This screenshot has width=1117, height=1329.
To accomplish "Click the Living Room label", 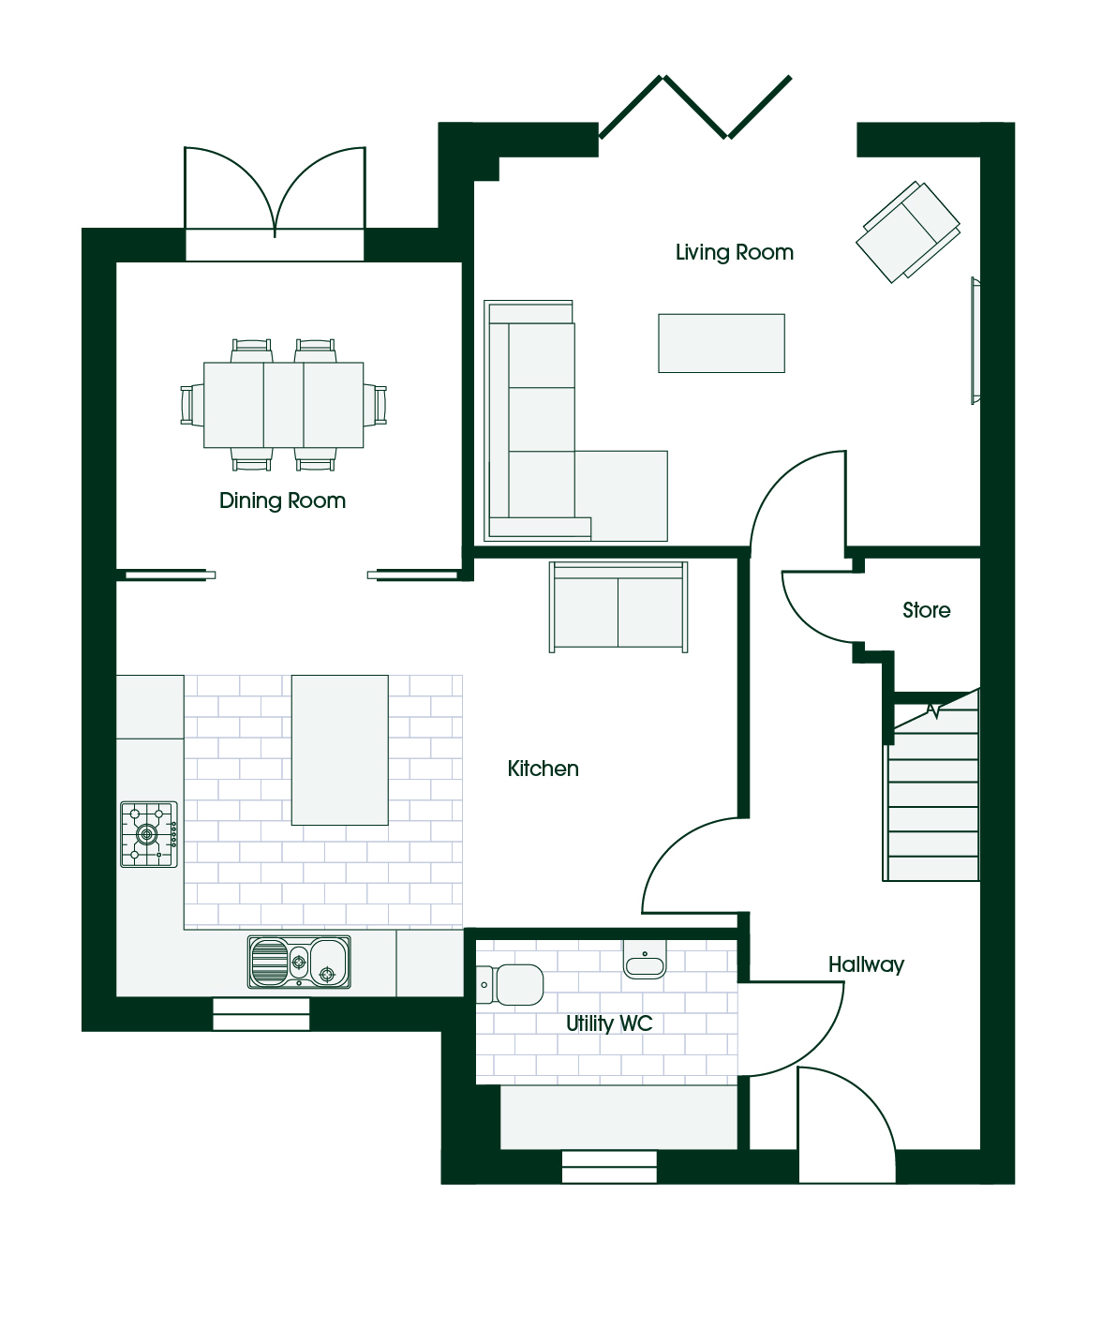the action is click(x=734, y=252).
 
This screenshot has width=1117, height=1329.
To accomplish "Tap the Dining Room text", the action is click(x=283, y=500).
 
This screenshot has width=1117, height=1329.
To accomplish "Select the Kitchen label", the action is click(x=543, y=769).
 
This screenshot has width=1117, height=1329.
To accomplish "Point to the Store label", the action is click(x=926, y=610).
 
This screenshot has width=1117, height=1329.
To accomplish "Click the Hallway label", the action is click(x=866, y=965).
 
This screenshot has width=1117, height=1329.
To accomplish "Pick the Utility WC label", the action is click(x=609, y=1023).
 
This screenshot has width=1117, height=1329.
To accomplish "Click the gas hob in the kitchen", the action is click(x=149, y=834).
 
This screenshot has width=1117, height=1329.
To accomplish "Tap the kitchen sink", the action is click(x=299, y=962).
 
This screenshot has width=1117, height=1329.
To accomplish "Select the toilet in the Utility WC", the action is click(x=510, y=985).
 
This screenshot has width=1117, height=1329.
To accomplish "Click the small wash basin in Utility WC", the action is click(x=645, y=959).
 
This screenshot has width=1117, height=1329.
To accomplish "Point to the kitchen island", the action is click(x=340, y=750).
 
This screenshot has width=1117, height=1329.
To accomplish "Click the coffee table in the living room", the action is click(x=722, y=343).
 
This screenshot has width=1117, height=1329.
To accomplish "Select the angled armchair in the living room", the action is click(x=908, y=232).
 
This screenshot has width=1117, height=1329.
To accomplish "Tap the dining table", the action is click(x=283, y=405).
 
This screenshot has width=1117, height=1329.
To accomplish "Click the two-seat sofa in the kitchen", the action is click(x=618, y=607).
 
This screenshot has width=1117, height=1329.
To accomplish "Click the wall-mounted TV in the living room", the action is click(x=976, y=340).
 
